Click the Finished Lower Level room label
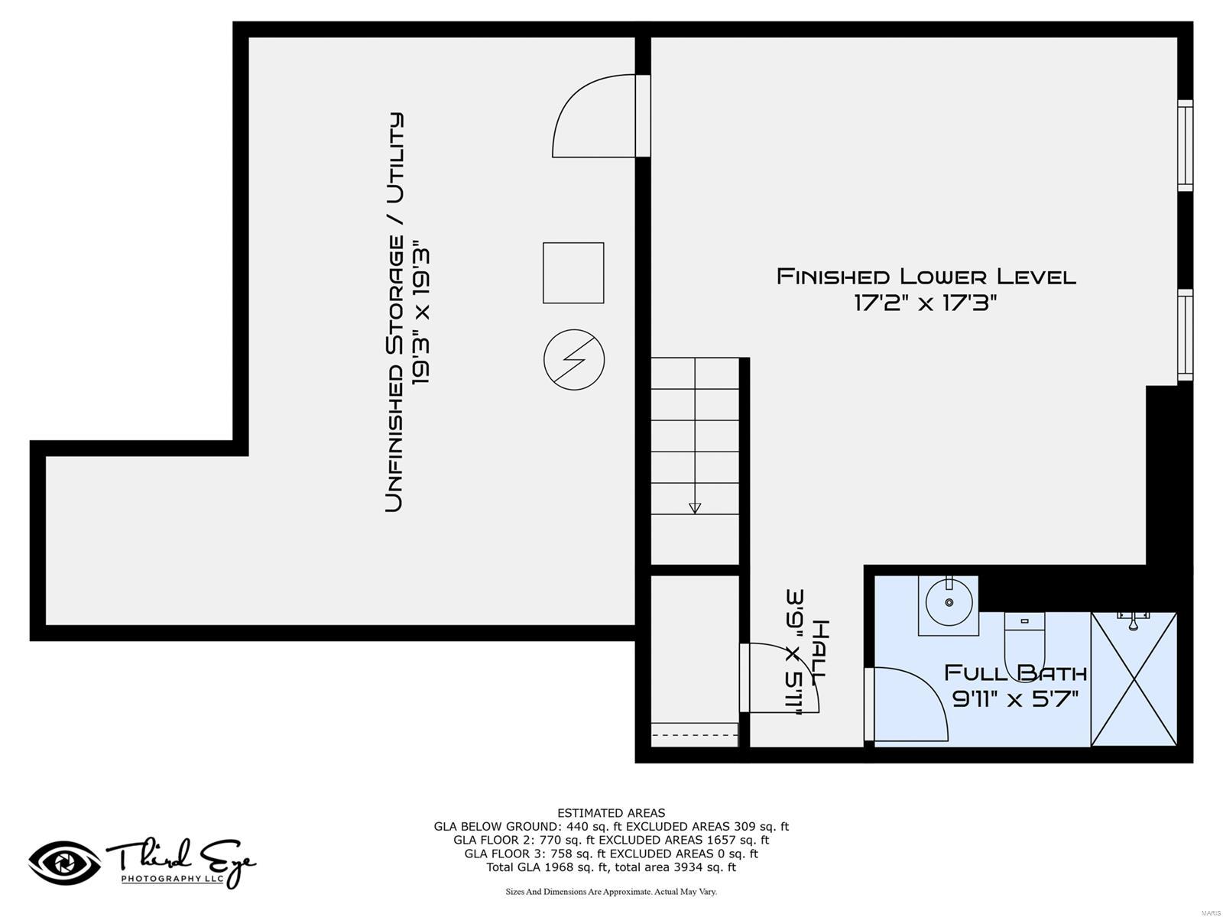(x=926, y=276)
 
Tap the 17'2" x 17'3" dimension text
(x=926, y=303)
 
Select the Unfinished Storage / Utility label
(x=394, y=312)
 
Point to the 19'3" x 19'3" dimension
(x=422, y=312)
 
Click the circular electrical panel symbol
(x=574, y=360)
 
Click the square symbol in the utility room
(x=573, y=273)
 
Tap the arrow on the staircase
(x=694, y=507)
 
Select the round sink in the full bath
(x=949, y=602)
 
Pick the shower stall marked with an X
(x=1134, y=679)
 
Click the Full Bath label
(x=1015, y=673)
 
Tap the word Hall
(x=818, y=652)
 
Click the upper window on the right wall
(x=1184, y=145)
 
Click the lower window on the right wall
(x=1184, y=334)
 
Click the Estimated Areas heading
(x=611, y=813)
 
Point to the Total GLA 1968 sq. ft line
(x=611, y=867)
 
